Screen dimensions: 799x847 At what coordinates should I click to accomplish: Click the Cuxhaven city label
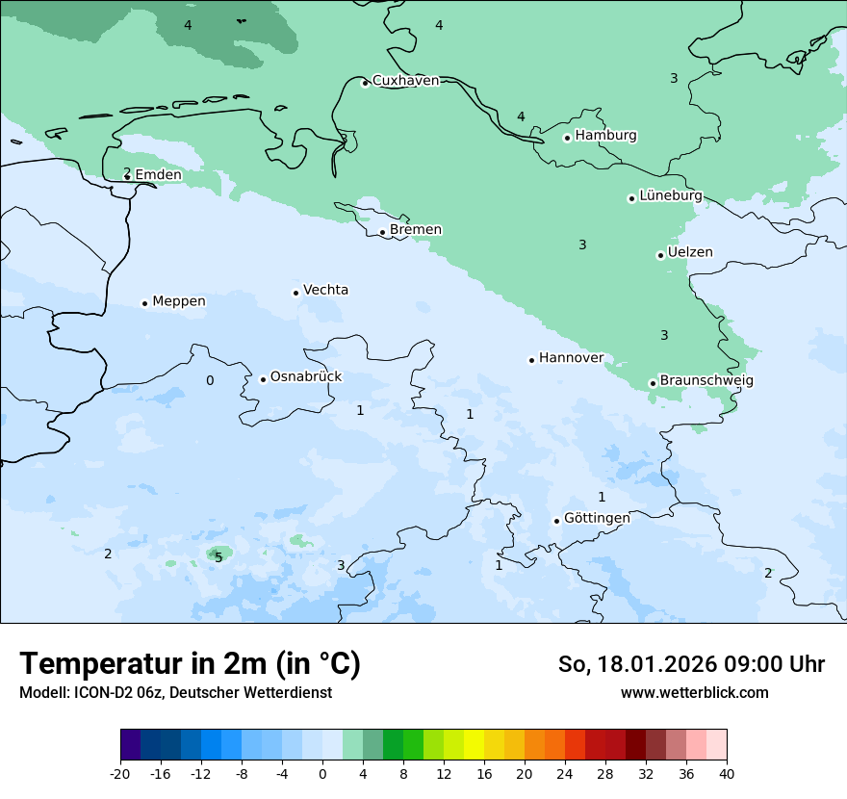coord(405,81)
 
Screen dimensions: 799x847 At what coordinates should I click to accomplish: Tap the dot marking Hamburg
coord(567,138)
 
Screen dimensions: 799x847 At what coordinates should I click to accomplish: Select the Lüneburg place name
coord(671,195)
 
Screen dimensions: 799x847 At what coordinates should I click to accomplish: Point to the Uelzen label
coord(690,252)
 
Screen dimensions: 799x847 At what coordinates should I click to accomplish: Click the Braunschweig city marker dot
coord(653,383)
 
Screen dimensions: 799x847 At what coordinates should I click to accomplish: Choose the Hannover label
coord(571,358)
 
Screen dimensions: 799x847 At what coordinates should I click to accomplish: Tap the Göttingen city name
coord(597,518)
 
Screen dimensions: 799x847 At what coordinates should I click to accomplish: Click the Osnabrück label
coord(306,376)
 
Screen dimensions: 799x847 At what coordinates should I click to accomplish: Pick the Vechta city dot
coord(295,293)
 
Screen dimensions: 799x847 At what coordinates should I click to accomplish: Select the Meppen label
coord(179,301)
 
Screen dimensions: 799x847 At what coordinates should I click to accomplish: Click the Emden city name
coord(158,174)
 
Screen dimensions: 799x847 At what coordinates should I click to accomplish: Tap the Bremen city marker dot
coord(382,232)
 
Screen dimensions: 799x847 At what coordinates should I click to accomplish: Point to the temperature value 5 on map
coord(218,557)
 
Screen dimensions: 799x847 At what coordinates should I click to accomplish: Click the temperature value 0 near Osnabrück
coord(210,380)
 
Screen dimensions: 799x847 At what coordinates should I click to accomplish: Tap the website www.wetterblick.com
coord(694,692)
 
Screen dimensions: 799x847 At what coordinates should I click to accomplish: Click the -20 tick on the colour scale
coord(120,773)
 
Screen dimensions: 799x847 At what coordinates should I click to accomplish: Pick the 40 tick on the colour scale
coord(726,773)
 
